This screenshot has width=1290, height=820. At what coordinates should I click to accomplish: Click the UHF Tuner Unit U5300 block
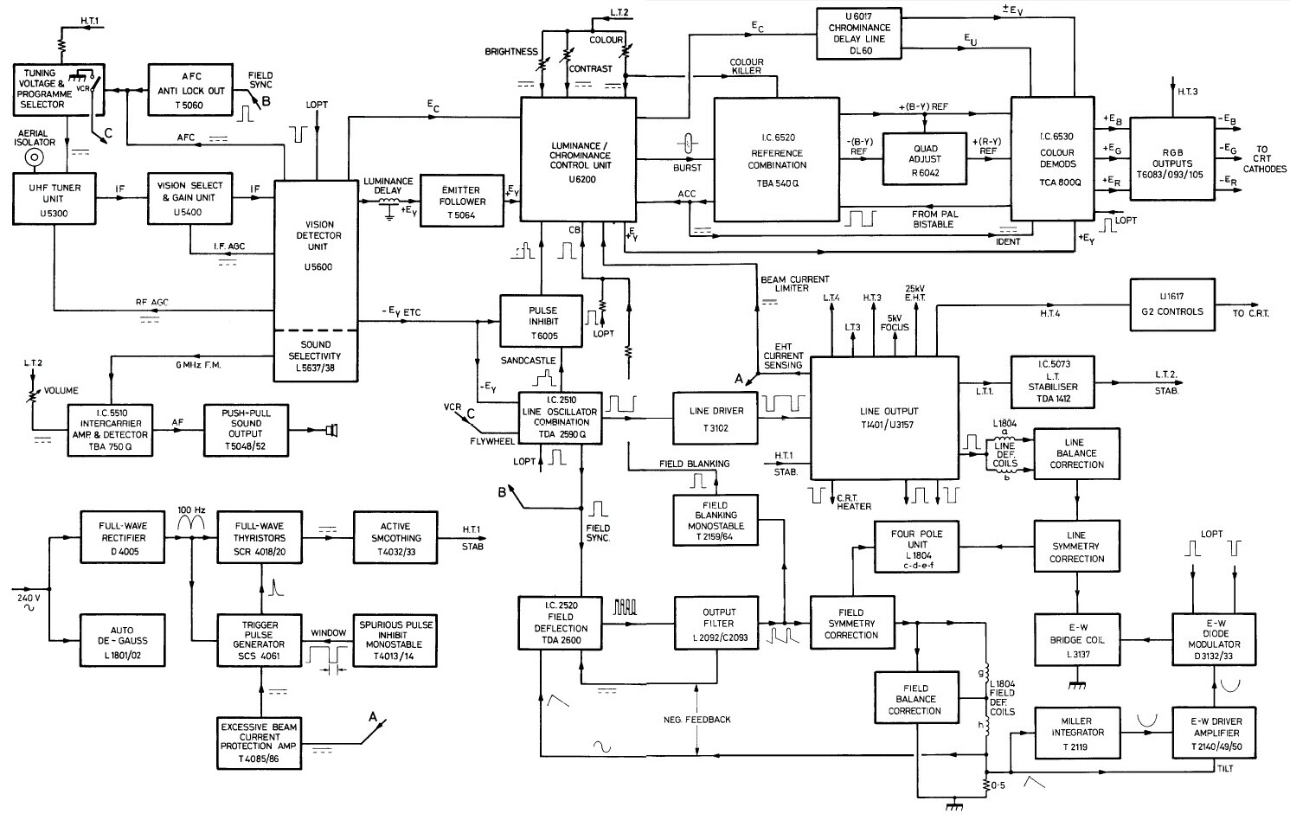pyautogui.click(x=54, y=198)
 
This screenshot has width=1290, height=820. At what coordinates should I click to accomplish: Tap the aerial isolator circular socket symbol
pyautogui.click(x=35, y=157)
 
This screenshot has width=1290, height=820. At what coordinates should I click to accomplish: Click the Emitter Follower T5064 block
pyautogui.click(x=461, y=202)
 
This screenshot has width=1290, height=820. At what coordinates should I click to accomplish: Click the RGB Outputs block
pyautogui.click(x=1171, y=163)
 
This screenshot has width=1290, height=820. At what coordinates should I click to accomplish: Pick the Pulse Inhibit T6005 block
pyautogui.click(x=542, y=322)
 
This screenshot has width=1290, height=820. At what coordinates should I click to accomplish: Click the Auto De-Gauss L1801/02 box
pyautogui.click(x=122, y=640)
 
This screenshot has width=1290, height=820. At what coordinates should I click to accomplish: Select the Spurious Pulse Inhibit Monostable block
pyautogui.click(x=396, y=639)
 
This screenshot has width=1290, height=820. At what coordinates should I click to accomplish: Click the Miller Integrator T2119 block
pyautogui.click(x=1076, y=733)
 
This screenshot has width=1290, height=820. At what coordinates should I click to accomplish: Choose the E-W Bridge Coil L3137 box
pyautogui.click(x=1076, y=639)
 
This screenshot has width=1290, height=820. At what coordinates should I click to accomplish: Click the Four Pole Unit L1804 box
pyautogui.click(x=916, y=546)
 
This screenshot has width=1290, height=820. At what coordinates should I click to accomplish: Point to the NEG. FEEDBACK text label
pyautogui.click(x=697, y=719)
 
